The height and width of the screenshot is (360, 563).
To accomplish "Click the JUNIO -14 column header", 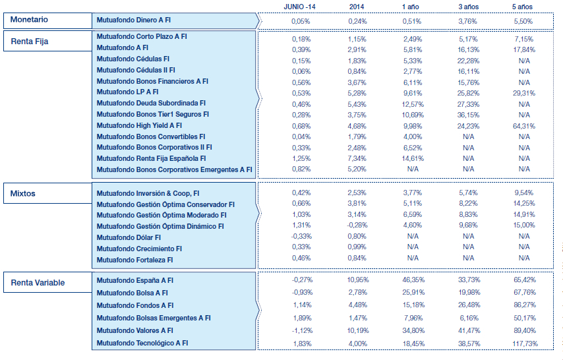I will pos(301,6).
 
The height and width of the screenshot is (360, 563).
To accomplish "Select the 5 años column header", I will pos(524,6).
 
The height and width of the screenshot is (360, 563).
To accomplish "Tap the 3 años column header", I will pos(468,6).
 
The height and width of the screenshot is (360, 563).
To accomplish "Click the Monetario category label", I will pos(29,20).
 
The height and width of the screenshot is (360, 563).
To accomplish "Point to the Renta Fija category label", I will pos(30,42).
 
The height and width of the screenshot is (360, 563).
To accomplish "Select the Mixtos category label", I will pos(24,194).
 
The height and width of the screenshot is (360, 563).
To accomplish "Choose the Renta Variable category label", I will pos(38,283).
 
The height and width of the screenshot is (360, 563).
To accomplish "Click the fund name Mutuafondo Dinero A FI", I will pos(133,21).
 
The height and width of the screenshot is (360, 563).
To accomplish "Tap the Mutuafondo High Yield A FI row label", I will pos(139,125).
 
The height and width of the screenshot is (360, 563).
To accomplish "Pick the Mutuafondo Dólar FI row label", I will pos(129,237).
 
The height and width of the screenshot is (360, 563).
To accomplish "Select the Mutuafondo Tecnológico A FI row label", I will pos(142,343).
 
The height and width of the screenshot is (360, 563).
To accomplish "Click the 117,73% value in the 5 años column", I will pos(524,343).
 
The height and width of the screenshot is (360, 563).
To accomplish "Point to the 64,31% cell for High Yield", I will pos(524,125).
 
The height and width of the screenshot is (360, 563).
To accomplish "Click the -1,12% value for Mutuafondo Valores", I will pos(301,330).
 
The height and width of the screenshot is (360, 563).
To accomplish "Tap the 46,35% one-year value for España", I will pos(413,280).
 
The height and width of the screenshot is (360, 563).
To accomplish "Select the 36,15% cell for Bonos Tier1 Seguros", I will pos(468,114).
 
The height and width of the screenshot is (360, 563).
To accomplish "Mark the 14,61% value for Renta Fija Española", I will pos(413,158).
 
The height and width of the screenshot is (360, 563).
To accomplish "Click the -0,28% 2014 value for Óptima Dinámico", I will pos(357,225).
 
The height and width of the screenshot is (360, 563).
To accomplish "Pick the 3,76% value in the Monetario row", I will pos(468,21).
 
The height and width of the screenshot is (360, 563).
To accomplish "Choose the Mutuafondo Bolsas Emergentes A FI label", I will pos(154,318).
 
